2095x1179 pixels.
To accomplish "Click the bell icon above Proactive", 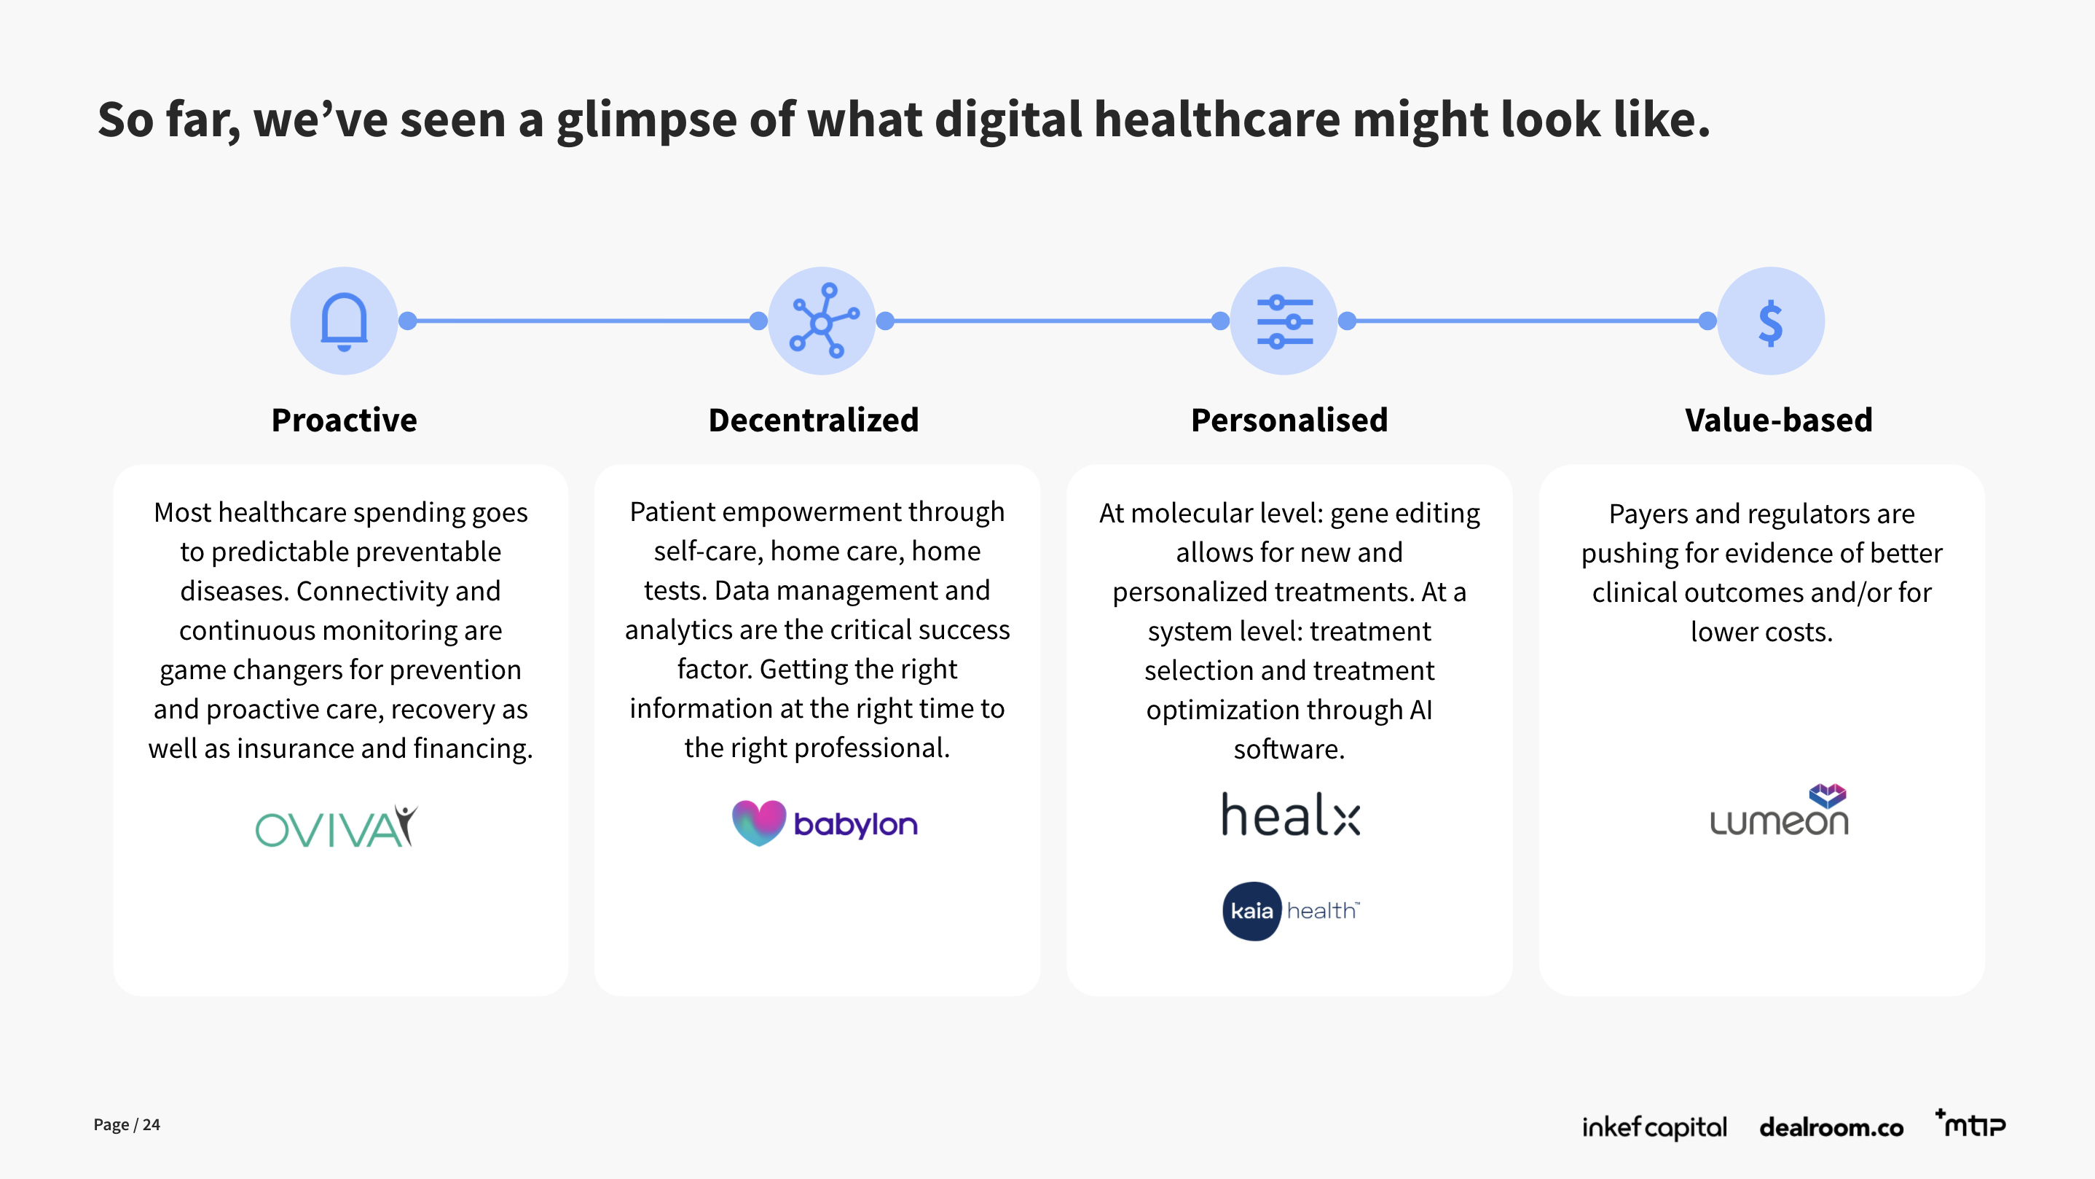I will click(344, 321).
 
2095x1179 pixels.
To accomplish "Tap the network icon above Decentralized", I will click(822, 321).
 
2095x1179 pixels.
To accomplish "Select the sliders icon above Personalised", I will click(1284, 321).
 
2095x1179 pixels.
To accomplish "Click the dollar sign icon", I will click(1771, 322).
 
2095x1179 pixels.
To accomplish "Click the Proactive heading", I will click(344, 420).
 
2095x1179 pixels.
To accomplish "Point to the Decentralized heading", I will click(813, 420).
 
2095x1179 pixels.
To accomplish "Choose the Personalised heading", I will click(1289, 420).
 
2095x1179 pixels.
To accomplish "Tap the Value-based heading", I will click(1779, 420).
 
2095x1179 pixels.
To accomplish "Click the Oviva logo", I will click(337, 826).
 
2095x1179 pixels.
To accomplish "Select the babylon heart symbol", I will click(758, 822).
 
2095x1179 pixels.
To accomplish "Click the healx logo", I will click(1291, 815).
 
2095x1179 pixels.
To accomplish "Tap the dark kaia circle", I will click(1251, 911).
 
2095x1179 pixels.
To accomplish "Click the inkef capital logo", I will click(1654, 1127).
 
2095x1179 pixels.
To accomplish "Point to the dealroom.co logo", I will click(1831, 1127).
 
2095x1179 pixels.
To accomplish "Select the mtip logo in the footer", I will click(1971, 1124).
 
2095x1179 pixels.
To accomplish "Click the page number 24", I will click(152, 1124).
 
